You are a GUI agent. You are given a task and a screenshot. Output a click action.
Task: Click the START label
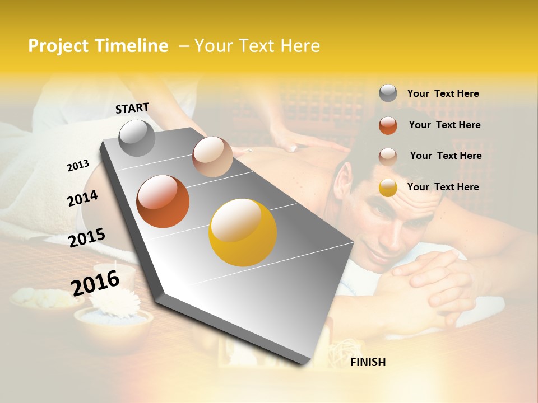click(x=132, y=108)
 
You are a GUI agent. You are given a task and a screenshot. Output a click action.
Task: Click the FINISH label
click(x=368, y=362)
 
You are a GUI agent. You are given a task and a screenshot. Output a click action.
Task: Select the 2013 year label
click(x=78, y=165)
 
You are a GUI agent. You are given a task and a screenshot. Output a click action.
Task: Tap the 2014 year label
click(x=82, y=199)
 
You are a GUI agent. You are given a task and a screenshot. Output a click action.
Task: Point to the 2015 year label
click(x=86, y=238)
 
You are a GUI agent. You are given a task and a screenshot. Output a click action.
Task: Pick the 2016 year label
click(x=95, y=283)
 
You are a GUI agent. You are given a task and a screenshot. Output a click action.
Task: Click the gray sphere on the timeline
click(x=137, y=138)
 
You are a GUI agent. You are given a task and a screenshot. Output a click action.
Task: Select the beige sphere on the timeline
click(x=212, y=157)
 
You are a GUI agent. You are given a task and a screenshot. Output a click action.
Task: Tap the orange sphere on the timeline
click(x=163, y=201)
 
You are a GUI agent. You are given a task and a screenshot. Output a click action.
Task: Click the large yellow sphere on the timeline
click(x=243, y=232)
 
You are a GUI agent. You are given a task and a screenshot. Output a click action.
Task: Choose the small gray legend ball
click(x=388, y=93)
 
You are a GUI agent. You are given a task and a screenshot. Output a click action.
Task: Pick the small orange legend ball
click(x=388, y=125)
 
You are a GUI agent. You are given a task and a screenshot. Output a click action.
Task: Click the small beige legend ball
click(x=388, y=156)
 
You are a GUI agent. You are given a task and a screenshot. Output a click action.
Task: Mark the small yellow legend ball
click(x=388, y=188)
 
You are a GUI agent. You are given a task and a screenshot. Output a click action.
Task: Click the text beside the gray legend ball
click(x=443, y=93)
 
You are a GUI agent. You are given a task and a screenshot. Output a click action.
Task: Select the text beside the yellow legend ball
click(x=443, y=187)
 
